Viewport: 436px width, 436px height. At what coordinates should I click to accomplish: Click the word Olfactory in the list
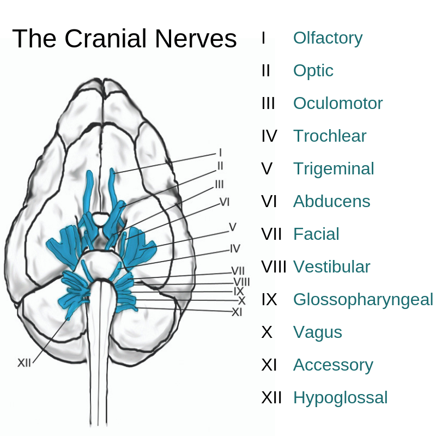(x=328, y=38)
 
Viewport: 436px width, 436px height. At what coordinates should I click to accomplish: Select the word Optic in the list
(x=313, y=71)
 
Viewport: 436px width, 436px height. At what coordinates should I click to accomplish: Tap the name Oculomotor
(x=338, y=104)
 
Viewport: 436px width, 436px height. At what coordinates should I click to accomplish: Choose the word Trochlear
(x=330, y=136)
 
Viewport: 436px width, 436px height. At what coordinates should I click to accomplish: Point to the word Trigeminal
(x=334, y=169)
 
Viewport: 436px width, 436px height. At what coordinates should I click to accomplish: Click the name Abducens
(x=331, y=202)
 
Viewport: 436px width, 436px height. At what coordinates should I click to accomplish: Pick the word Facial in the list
(x=316, y=234)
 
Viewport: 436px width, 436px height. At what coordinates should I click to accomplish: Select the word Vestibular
(x=331, y=267)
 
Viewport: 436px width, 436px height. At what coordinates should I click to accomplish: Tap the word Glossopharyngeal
(x=363, y=300)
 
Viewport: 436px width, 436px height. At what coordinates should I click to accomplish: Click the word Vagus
(x=317, y=332)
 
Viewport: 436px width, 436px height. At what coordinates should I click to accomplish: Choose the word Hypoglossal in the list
(x=340, y=398)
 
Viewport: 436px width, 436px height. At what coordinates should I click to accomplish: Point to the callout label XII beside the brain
(x=24, y=363)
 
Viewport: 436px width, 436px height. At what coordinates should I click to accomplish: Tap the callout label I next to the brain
(x=220, y=153)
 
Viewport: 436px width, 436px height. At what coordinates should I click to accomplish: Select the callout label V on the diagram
(x=232, y=227)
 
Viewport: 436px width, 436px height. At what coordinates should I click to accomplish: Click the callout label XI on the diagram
(x=237, y=312)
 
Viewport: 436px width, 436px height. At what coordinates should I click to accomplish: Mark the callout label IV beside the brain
(x=235, y=249)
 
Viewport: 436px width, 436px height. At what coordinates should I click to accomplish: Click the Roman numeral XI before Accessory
(x=270, y=365)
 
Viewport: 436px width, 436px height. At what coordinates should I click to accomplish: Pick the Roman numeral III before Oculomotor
(x=268, y=104)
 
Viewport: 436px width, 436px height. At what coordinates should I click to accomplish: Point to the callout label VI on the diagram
(x=225, y=202)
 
